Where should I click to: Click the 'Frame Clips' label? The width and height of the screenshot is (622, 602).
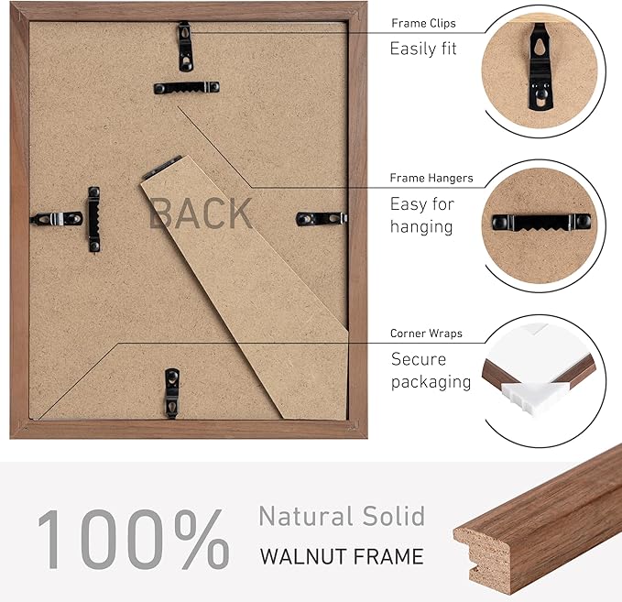tap(422, 23)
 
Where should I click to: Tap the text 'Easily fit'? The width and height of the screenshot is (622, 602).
tap(422, 49)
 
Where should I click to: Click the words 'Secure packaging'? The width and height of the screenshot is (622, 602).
tap(431, 370)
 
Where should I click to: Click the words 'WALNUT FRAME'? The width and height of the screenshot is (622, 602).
tap(341, 555)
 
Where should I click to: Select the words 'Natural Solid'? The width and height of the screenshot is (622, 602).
tap(341, 516)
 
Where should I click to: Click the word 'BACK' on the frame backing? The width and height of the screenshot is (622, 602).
tap(200, 213)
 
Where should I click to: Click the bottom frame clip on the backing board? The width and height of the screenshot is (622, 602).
tap(171, 392)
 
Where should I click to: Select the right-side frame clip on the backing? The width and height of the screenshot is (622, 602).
tap(322, 218)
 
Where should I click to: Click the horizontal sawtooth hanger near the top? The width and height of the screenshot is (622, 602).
tap(186, 88)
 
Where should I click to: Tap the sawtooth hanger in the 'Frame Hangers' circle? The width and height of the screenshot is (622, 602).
tap(538, 223)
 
